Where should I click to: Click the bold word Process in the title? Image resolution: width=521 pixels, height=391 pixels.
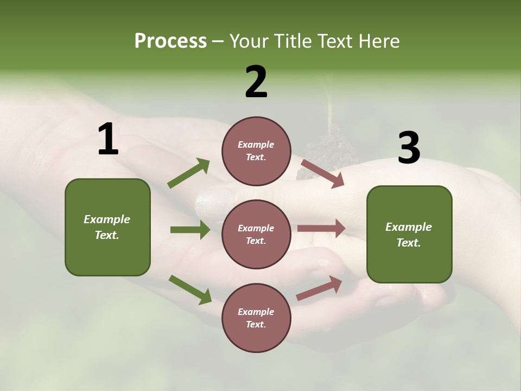(x=170, y=41)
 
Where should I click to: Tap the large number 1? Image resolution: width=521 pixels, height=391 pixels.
(x=108, y=140)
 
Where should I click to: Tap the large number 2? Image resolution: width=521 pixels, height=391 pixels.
(x=256, y=82)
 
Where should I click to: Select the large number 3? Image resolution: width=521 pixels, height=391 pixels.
(x=409, y=148)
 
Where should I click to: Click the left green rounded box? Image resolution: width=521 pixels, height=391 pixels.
(x=107, y=227)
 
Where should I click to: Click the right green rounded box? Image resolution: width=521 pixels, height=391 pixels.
(x=409, y=235)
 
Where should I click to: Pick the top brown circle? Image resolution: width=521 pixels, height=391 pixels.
(x=256, y=151)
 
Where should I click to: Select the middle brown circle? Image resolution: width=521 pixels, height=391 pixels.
(x=256, y=234)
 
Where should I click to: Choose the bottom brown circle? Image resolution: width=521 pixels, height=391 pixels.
(x=256, y=318)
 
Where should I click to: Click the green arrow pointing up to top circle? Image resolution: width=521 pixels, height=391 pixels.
(x=189, y=173)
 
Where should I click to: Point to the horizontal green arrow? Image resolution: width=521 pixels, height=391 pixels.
(x=190, y=230)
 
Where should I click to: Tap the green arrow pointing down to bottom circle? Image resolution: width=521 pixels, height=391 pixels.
(x=190, y=289)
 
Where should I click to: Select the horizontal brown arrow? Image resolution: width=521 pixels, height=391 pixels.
(x=321, y=229)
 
